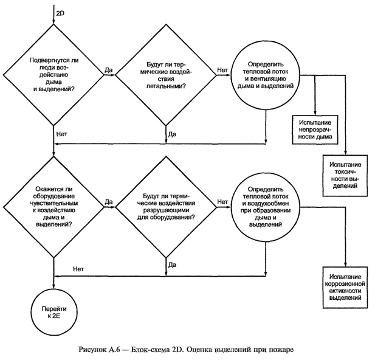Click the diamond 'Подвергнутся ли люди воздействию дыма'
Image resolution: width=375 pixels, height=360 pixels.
coord(55,75)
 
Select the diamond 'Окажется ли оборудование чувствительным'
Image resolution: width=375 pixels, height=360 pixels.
coord(55,207)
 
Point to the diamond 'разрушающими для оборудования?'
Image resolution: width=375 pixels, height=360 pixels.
coord(166,207)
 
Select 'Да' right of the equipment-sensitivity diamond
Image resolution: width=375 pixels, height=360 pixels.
coord(109,201)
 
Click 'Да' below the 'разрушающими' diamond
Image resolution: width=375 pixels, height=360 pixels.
coord(173,265)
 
